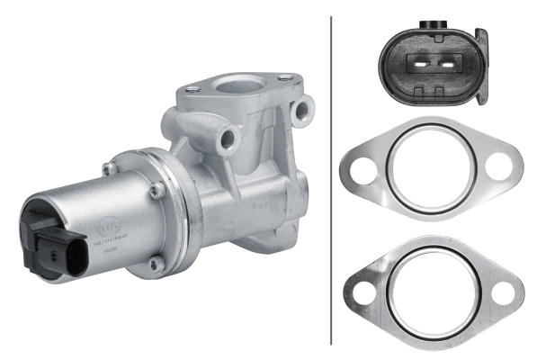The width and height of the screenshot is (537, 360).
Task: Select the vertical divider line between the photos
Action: point(332,180)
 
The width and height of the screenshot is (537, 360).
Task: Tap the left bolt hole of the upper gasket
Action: point(360,168)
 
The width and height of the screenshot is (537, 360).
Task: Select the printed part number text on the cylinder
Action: point(108,244)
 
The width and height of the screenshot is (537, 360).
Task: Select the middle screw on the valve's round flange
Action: point(158,189)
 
